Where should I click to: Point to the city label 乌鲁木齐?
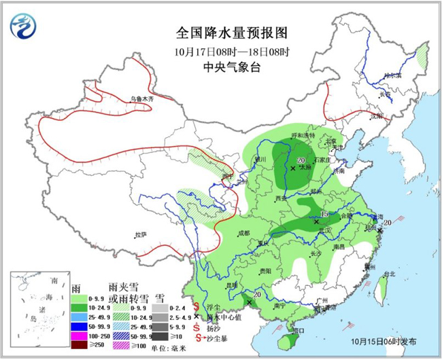pos(143,100)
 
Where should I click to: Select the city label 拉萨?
pos(140,235)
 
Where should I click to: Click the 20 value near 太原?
pos(300,160)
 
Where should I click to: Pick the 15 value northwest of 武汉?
pos(324,214)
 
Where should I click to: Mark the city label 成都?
pos(243,233)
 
